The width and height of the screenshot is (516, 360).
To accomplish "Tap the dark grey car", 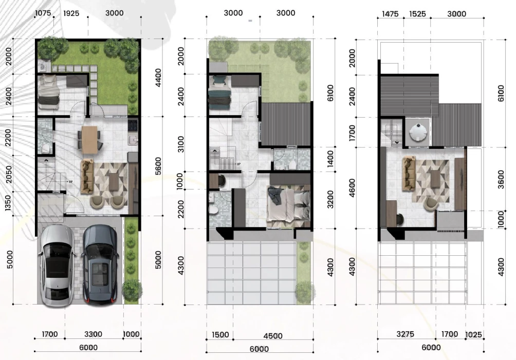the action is point(100,264).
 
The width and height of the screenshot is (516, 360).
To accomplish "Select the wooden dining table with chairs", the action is point(89,140).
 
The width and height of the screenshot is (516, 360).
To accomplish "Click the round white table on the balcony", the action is point(418,132).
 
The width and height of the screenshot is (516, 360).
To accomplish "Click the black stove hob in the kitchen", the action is point(133,125).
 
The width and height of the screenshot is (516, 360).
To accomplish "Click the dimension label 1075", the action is point(43,13).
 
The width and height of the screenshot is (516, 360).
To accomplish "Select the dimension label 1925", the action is point(71,13).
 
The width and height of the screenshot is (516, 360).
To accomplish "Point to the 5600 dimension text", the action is point(158,166).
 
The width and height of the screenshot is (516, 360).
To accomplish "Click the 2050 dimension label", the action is point(9,174).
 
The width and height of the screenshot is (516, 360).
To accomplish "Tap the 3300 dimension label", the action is point(93,334).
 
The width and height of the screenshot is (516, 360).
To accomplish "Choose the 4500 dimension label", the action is point(273,336).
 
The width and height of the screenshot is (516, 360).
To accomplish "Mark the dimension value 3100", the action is point(181,144).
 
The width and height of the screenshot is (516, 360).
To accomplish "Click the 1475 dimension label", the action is point(390,14).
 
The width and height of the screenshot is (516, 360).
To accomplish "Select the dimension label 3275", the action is point(405,334).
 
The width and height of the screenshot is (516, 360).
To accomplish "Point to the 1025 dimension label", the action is point(473,335).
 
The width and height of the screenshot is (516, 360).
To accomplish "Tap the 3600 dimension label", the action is point(501,179).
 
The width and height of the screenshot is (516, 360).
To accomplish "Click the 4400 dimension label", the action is point(158,78).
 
